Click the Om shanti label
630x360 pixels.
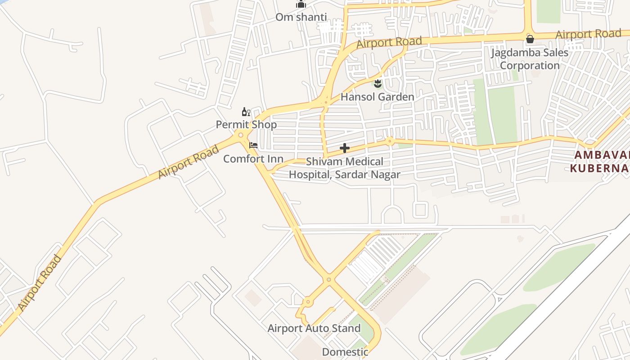tap(301, 17)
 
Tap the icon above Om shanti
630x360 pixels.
tap(301, 4)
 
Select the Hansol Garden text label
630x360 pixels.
tap(377, 97)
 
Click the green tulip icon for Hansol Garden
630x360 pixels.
tap(378, 83)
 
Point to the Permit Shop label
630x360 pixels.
tap(246, 125)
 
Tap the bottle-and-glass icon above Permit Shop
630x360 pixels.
tap(246, 112)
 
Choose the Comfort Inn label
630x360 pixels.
tap(253, 159)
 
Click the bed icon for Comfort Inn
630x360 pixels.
tap(253, 145)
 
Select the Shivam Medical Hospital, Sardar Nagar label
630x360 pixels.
tap(345, 168)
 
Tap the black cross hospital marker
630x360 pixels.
tap(345, 148)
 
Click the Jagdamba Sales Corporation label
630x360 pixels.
tap(530, 59)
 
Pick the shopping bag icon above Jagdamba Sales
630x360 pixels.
tap(530, 39)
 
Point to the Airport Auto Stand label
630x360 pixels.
tap(314, 328)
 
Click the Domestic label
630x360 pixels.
tap(345, 352)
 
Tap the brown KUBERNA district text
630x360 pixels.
tap(598, 168)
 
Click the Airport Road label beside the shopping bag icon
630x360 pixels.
tap(588, 34)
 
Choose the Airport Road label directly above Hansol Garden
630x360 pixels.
tap(389, 43)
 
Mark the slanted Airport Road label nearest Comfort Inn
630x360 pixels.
tap(188, 162)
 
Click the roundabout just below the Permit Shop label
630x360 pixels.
tap(241, 135)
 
